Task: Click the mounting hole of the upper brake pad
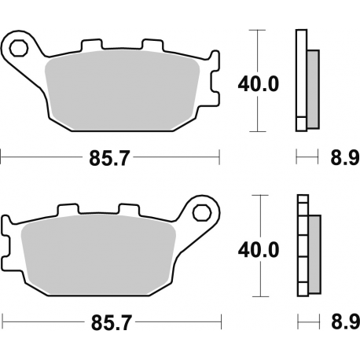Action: pyautogui.click(x=20, y=49)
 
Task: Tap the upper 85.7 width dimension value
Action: pyautogui.click(x=109, y=157)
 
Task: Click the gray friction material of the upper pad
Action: pyautogui.click(x=126, y=90)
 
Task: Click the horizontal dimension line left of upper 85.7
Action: pyautogui.click(x=39, y=157)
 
